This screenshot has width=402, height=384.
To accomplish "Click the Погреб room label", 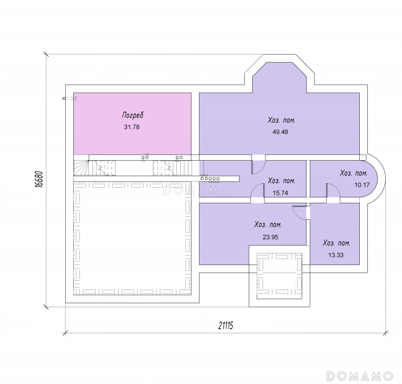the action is pos(133,115).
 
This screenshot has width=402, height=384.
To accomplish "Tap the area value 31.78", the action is pos(132,127).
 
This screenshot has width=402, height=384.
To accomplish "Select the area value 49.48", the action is pos(280,132).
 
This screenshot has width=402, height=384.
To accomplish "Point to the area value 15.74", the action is pos(280,193).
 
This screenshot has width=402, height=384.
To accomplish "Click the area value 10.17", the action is pos(362,185).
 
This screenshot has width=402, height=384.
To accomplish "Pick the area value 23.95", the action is pos(270,237).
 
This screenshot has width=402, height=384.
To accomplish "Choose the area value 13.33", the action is pos(336,255).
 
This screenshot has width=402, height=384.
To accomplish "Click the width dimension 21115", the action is pos(226,326).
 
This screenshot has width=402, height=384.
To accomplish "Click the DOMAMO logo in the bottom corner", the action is pos(359,376).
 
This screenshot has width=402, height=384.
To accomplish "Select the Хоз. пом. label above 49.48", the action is pos(281,120).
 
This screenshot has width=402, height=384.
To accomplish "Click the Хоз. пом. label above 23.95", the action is pos(268,224).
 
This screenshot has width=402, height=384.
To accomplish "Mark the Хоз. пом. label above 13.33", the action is pos(336,243).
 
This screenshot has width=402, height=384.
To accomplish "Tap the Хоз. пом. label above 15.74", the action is pos(281,180).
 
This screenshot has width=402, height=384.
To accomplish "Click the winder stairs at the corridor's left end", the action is pos(81,168).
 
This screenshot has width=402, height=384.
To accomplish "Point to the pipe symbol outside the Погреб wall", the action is pos(69,98).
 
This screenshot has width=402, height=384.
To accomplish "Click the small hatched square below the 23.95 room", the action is pos(279,276).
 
